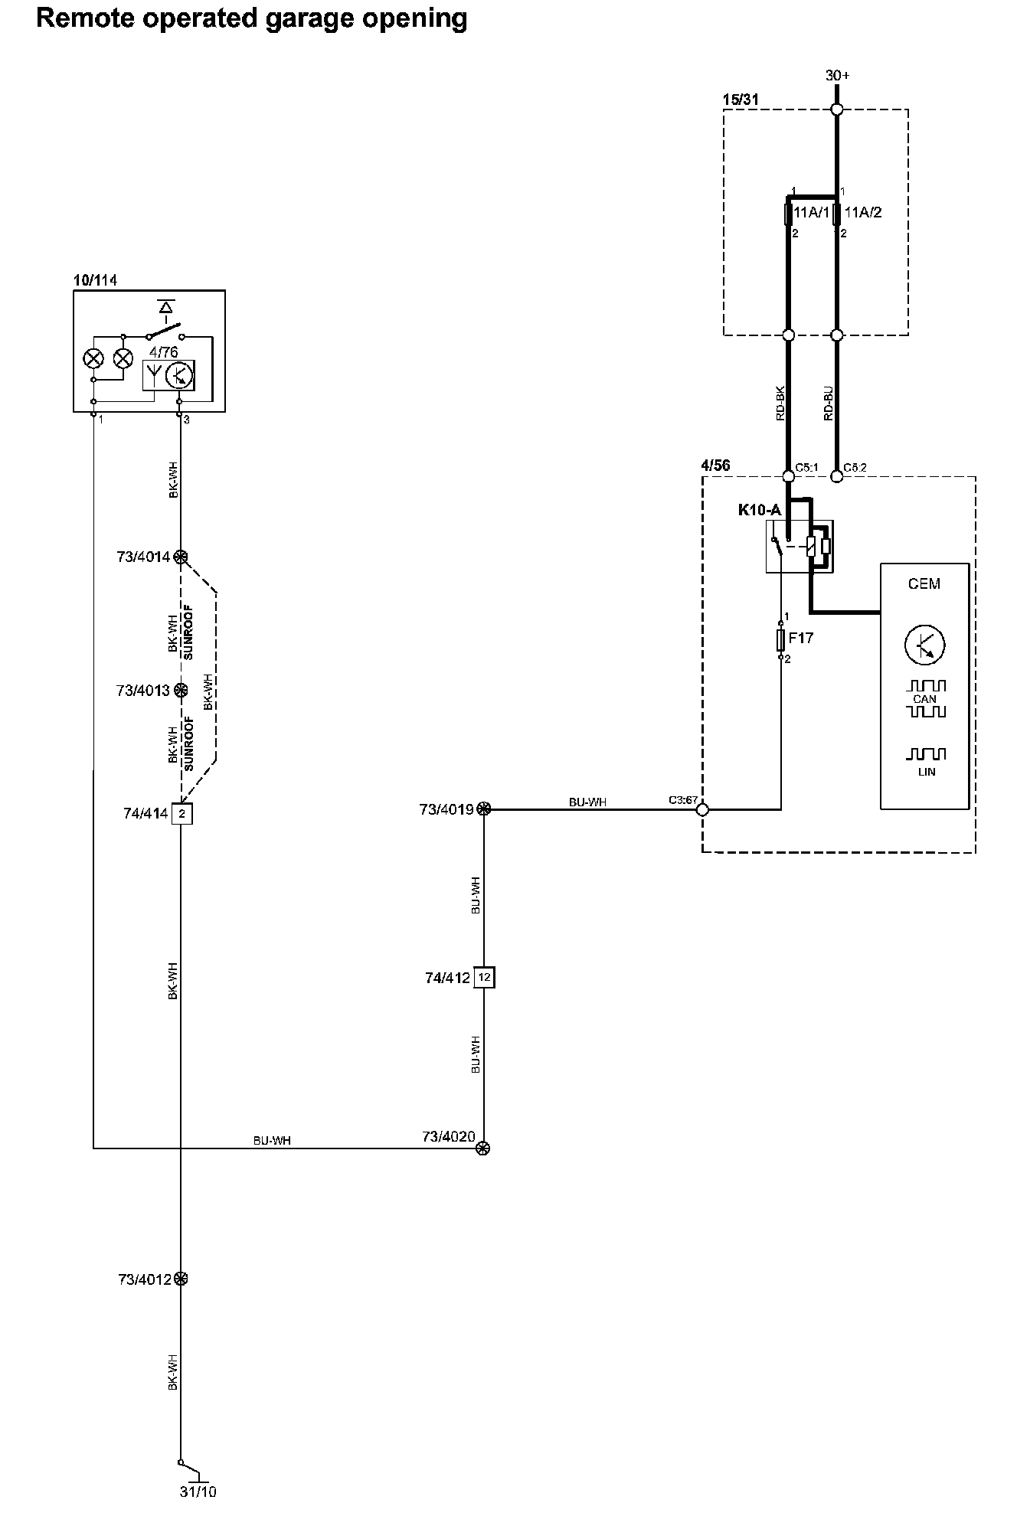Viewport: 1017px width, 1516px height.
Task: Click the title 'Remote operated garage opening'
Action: click(x=251, y=18)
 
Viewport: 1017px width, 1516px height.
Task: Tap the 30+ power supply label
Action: click(x=837, y=76)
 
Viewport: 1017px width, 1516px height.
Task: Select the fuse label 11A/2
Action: click(x=862, y=212)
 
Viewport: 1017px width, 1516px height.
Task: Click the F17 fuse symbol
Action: click(x=781, y=639)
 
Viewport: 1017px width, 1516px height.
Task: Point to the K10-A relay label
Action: click(x=759, y=510)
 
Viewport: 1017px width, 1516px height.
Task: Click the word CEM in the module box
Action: click(x=924, y=584)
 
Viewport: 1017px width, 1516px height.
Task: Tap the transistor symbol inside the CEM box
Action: click(x=924, y=645)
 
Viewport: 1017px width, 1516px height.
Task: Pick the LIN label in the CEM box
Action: click(x=926, y=772)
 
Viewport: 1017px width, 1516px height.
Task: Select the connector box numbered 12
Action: click(x=484, y=978)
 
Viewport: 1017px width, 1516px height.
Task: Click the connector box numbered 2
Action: click(x=181, y=813)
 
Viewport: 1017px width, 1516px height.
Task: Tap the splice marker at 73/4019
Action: click(x=484, y=809)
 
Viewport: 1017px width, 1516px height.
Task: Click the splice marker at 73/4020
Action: click(x=483, y=1148)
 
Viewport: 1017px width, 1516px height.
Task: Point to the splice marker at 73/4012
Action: click(x=181, y=1279)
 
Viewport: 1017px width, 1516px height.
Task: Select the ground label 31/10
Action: click(x=198, y=1491)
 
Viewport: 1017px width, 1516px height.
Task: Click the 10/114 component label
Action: click(x=95, y=280)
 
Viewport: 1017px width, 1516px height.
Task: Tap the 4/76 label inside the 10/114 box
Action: click(x=163, y=353)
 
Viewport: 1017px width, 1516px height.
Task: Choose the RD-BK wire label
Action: click(x=780, y=403)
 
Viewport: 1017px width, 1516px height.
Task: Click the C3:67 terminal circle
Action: click(x=702, y=809)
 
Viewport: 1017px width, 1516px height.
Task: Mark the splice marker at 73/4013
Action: click(x=181, y=691)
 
